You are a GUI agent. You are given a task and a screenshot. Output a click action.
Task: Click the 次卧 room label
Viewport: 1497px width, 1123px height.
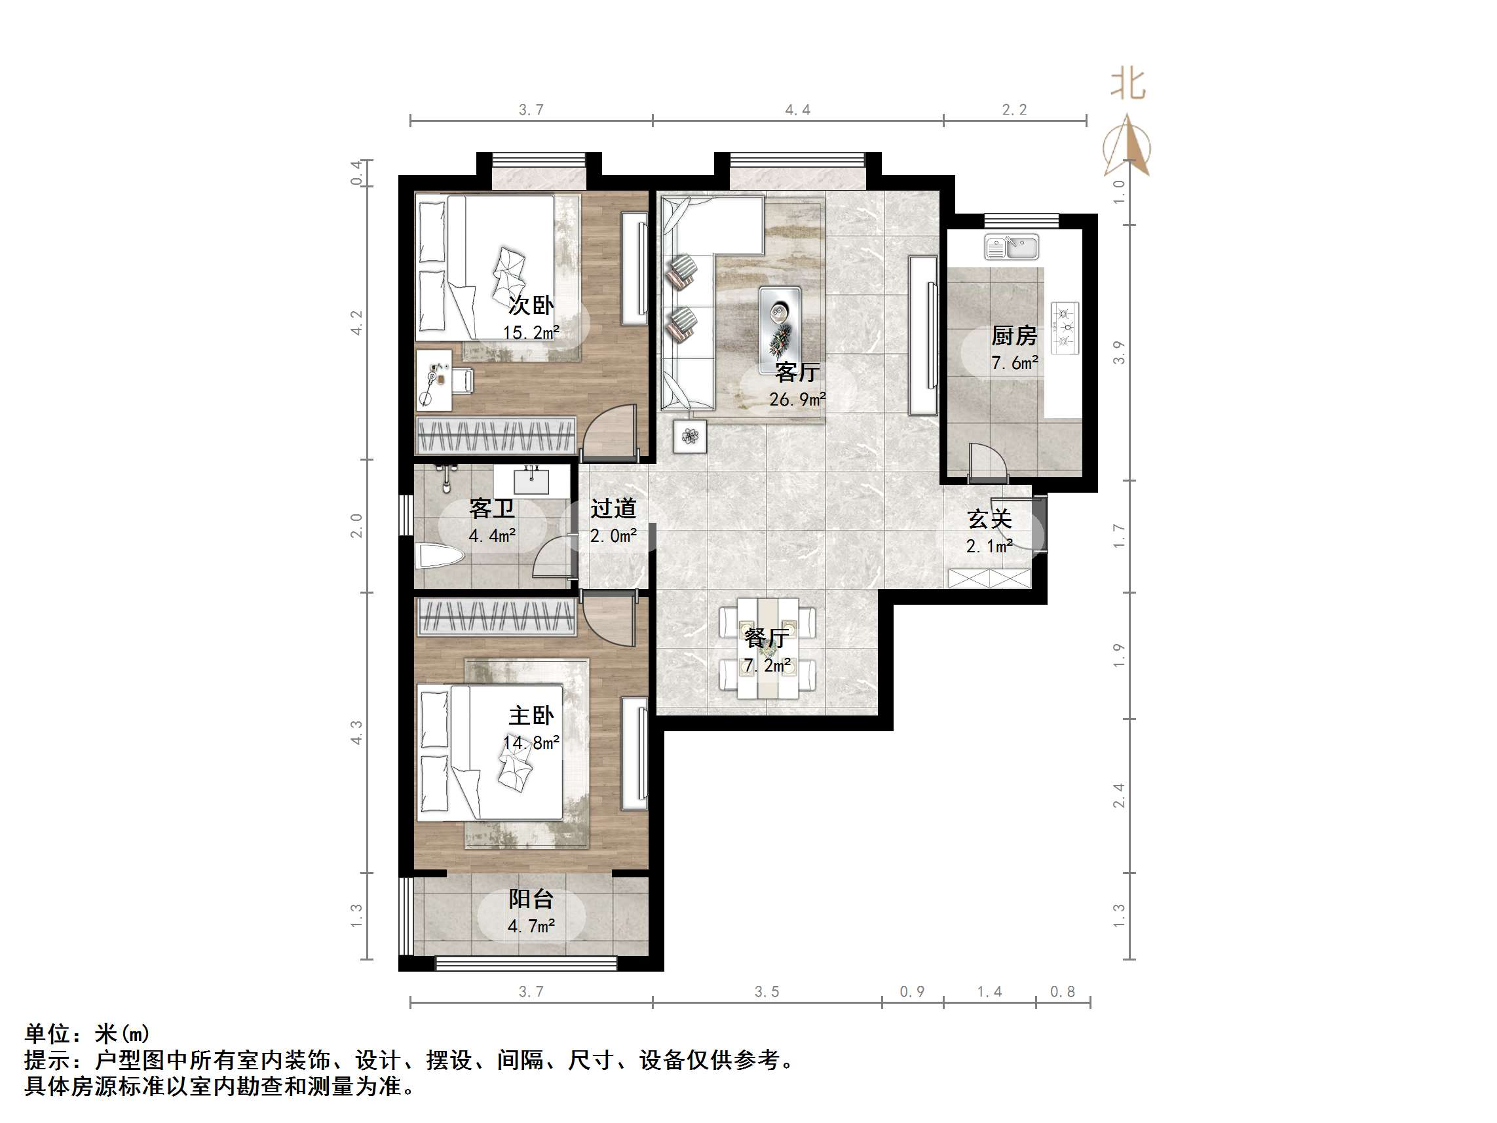(x=531, y=305)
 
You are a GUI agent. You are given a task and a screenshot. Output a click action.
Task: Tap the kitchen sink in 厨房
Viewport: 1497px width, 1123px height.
(x=1011, y=247)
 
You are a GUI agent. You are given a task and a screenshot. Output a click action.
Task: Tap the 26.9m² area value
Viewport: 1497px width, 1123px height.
(x=797, y=400)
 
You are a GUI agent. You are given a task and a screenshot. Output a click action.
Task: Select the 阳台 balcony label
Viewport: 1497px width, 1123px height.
(x=531, y=899)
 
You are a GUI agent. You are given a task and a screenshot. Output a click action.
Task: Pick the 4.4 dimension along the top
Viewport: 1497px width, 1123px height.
(x=797, y=109)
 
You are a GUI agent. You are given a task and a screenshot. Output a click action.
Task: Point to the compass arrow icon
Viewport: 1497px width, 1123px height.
(x=1127, y=145)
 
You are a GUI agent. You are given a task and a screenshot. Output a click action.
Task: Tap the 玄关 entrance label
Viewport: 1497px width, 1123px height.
(x=989, y=519)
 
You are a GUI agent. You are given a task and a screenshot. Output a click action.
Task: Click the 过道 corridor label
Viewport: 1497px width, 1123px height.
(x=613, y=508)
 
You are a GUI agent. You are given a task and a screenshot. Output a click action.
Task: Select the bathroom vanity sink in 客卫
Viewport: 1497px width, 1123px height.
(x=531, y=481)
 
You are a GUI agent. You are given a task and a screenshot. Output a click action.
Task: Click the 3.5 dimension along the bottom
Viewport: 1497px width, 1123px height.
(x=767, y=992)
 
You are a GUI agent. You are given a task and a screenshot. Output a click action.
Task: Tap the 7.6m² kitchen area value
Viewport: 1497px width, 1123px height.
(x=1014, y=363)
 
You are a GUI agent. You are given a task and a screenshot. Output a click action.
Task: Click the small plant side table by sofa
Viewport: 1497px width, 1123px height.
(x=690, y=436)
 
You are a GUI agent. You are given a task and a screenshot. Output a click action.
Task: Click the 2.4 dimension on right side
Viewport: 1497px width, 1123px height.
(x=1119, y=795)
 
